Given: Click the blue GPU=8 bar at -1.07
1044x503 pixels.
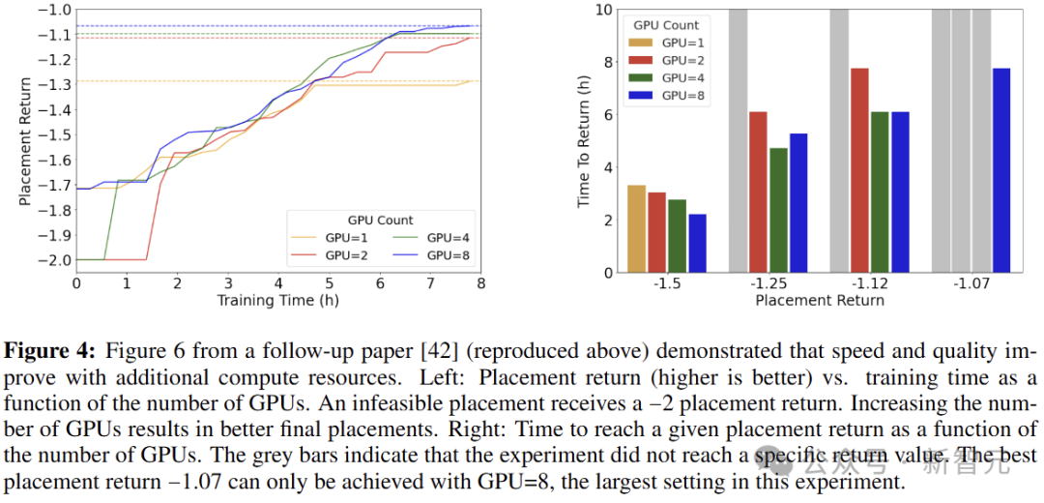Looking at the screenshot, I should tap(1001, 170).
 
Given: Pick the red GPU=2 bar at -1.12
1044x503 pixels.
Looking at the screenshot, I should tap(859, 170).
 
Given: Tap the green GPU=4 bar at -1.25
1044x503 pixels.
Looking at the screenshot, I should tap(778, 210).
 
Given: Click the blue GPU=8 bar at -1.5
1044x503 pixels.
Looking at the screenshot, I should tap(697, 243).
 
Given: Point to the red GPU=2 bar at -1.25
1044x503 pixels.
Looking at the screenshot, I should tap(758, 192).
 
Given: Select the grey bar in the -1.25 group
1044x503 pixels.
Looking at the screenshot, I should tap(738, 140).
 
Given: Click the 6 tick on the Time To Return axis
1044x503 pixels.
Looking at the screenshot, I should tap(607, 114).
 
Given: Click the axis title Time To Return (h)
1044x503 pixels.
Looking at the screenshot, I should tap(584, 140).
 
